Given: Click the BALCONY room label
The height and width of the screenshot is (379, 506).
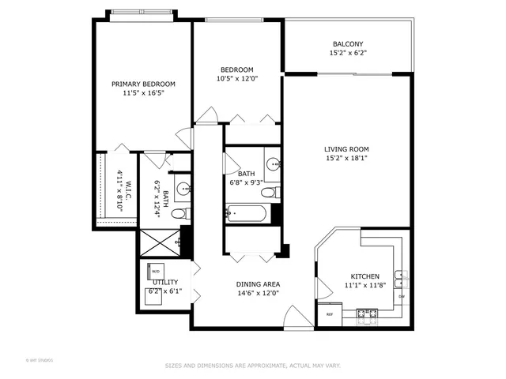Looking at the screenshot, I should click(x=348, y=44).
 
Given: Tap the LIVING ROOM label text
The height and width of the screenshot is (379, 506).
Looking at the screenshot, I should click(x=346, y=148).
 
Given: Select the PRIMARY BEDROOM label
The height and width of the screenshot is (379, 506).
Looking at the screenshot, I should click(x=143, y=84).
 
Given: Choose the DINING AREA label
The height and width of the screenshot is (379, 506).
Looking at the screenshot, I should click(x=259, y=283).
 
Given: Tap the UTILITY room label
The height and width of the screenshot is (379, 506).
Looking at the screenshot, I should click(x=164, y=282).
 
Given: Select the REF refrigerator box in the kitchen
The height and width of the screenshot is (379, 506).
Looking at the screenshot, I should click(x=330, y=313).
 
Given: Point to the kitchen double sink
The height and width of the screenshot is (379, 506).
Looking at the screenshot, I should click(x=402, y=276).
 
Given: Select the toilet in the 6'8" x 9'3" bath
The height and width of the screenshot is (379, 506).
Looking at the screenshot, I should click(x=269, y=192).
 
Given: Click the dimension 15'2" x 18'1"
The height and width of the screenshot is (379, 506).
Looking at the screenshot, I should click(x=346, y=158).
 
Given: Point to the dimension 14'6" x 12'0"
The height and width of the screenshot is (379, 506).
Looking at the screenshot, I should click(x=259, y=293).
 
